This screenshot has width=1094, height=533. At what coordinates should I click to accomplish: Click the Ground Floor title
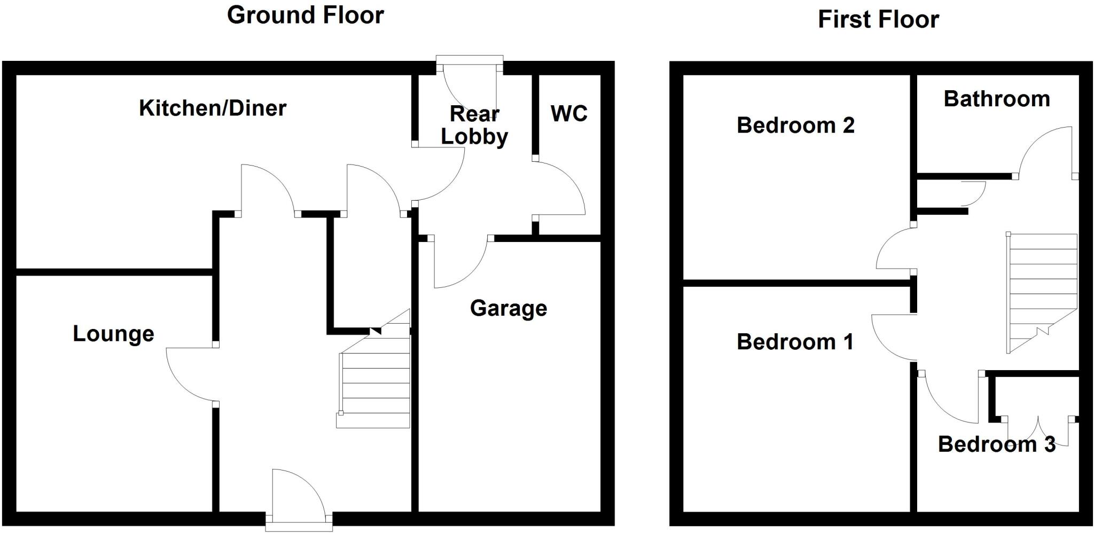click(305, 15)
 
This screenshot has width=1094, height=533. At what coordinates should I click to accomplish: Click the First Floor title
click(878, 20)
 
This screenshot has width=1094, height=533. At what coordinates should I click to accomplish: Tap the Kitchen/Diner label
click(213, 108)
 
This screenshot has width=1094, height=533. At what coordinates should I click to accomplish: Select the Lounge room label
click(113, 334)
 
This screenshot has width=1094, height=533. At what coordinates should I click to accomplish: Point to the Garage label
click(509, 309)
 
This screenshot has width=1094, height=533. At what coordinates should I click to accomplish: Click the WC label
click(569, 114)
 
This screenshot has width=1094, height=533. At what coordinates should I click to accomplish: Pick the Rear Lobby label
click(474, 126)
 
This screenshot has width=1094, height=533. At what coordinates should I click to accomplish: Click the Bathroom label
click(997, 99)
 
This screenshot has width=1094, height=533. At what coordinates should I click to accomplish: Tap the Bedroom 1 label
click(795, 342)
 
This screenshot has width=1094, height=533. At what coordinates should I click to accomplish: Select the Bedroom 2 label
click(795, 126)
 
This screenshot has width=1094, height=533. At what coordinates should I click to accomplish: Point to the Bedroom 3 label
click(997, 444)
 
